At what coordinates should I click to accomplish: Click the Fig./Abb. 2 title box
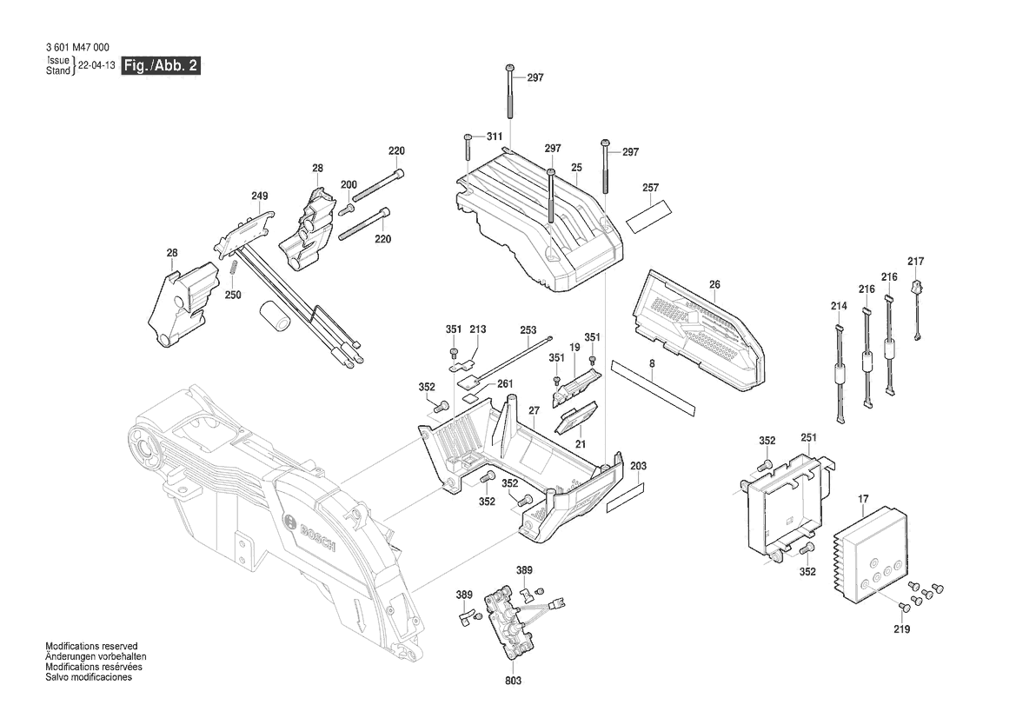(161, 66)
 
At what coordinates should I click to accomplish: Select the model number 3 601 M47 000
(77, 48)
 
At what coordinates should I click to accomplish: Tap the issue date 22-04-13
(96, 66)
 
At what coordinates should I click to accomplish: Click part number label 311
(494, 137)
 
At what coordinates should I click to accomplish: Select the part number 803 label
(513, 681)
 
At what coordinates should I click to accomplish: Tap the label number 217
(915, 262)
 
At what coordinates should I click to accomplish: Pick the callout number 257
(650, 188)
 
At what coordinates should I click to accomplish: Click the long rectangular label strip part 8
(653, 383)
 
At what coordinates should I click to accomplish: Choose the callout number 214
(838, 306)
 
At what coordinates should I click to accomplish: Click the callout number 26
(714, 284)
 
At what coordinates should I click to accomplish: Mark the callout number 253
(528, 330)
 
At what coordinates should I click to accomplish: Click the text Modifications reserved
(88, 648)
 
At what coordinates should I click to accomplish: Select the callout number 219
(901, 629)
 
